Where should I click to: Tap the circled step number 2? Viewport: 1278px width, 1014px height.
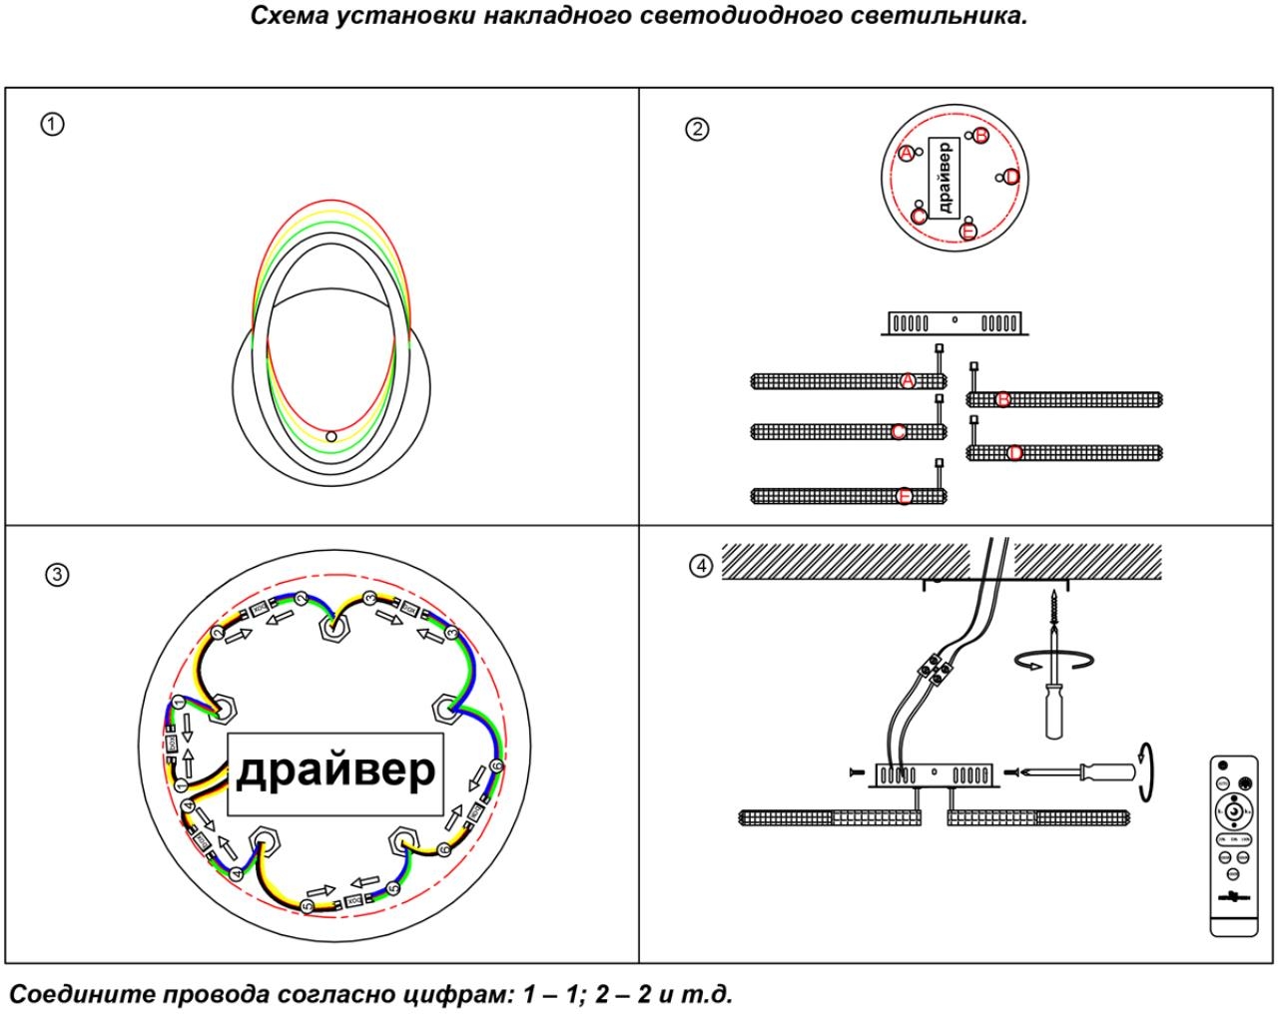(697, 129)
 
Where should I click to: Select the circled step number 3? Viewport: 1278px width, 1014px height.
(58, 575)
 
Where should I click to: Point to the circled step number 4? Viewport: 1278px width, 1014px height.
(702, 566)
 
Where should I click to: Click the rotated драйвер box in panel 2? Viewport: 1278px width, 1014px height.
(945, 177)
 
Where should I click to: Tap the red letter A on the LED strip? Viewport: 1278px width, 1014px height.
(908, 380)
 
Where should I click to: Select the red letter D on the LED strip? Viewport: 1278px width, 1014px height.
(1015, 452)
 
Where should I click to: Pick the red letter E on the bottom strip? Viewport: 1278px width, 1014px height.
(905, 495)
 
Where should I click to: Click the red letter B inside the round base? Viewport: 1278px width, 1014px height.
(980, 135)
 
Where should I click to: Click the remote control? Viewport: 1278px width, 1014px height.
(1234, 847)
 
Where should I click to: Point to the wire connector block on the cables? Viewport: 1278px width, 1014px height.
(940, 667)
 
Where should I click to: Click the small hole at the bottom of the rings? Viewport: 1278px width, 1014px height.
(331, 436)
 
